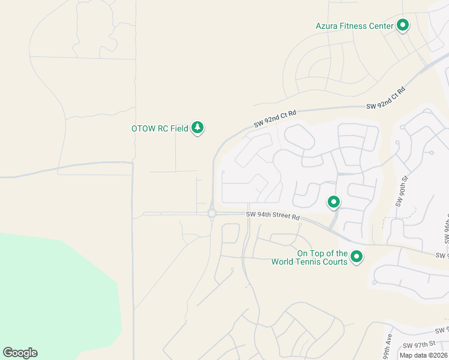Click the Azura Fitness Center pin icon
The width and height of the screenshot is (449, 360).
point(403,25)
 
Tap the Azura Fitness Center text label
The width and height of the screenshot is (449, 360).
point(354,26)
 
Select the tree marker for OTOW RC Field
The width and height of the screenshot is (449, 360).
point(197,127)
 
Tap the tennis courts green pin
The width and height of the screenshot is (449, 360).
point(357,257)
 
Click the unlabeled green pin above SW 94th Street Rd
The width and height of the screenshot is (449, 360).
point(333,202)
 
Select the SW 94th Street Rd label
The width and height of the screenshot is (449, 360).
point(273,215)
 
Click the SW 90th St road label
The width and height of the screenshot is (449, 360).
point(401,191)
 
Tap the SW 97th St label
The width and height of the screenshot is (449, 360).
point(418,345)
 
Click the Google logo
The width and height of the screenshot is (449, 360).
point(20,353)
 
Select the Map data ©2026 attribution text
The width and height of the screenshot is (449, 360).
point(423,355)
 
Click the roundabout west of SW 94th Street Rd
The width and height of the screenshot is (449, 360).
point(211,213)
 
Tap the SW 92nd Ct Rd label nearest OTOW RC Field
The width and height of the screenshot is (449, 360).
point(275,118)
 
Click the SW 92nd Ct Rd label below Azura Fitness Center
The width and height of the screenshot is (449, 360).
point(386,98)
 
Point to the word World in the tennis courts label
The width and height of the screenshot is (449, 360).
point(286,262)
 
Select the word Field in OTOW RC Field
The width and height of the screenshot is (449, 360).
point(179,128)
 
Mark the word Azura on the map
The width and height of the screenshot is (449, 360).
point(328,26)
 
